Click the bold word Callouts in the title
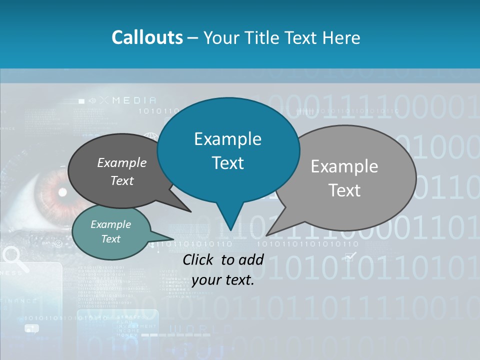click(x=147, y=37)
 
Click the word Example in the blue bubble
click(x=227, y=139)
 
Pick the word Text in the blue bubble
click(x=227, y=163)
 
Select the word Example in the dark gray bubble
click(x=122, y=163)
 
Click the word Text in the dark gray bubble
click(x=122, y=180)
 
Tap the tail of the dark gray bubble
click(x=189, y=210)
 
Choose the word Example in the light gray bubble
click(x=344, y=166)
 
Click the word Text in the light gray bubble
click(x=344, y=190)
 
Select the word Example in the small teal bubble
click(x=110, y=224)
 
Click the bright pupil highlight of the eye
click(x=62, y=192)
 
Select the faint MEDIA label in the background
click(x=134, y=100)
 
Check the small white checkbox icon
click(x=350, y=256)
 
